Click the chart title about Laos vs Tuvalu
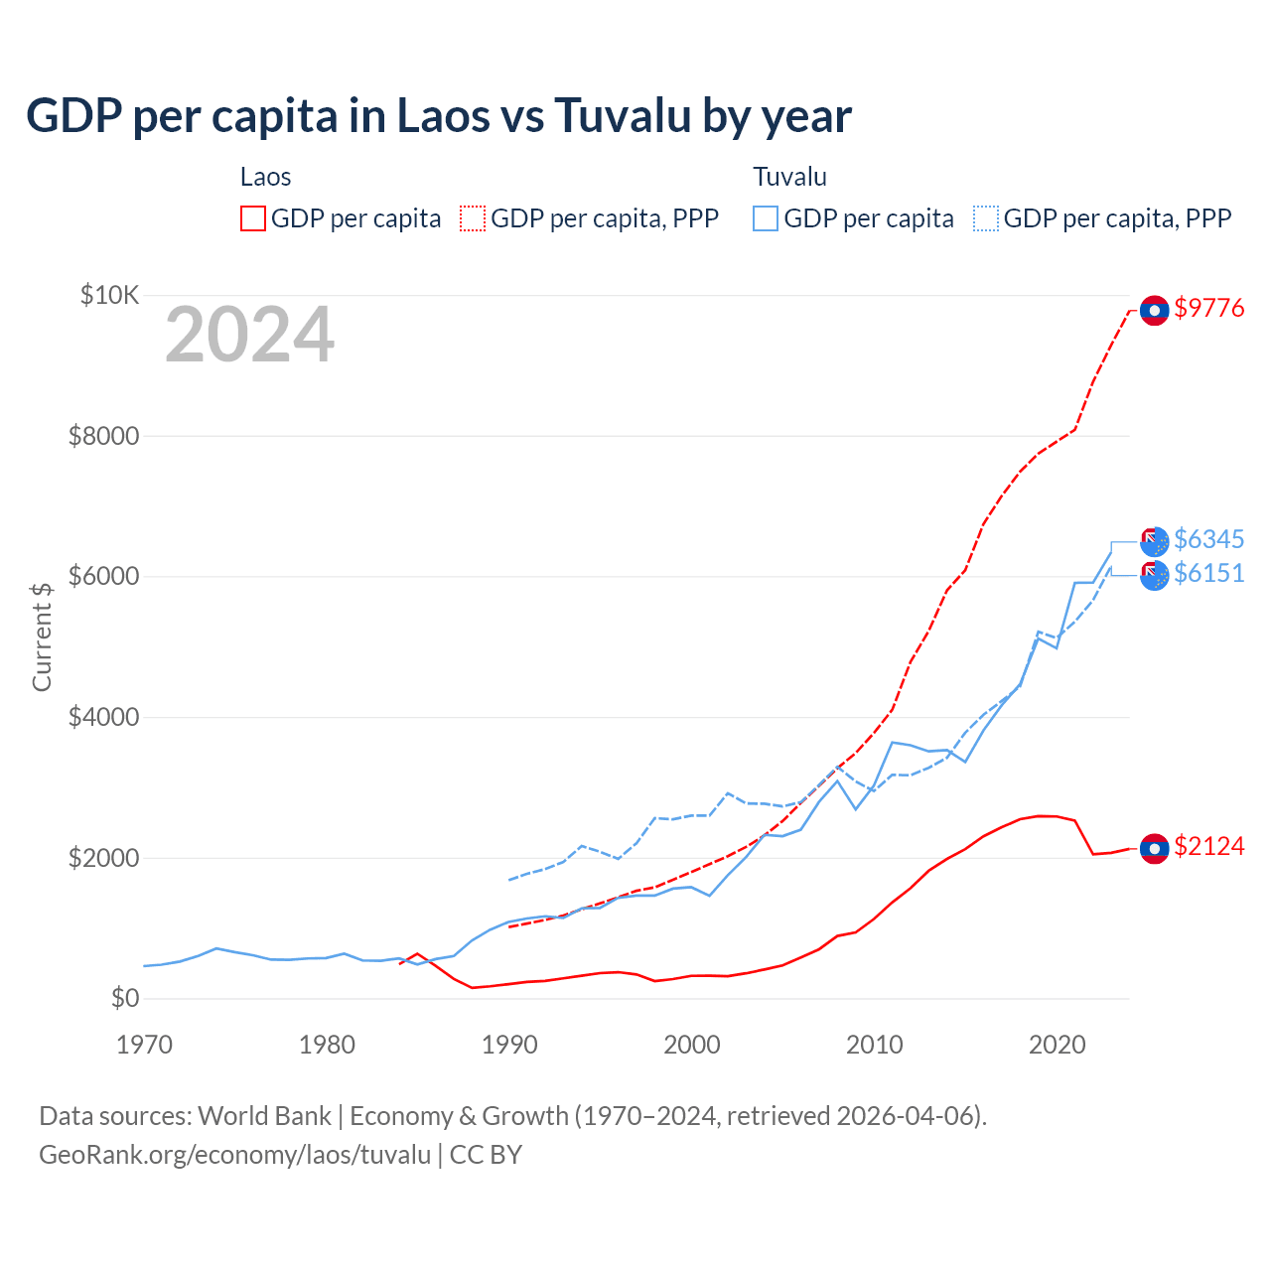438,116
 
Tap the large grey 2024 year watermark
250,336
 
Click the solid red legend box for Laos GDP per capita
253,218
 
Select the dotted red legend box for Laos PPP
474,218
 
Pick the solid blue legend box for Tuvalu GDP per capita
766,218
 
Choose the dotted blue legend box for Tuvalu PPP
986,218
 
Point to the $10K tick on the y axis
110,295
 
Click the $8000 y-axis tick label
103,436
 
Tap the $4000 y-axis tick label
103,717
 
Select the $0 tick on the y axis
125,998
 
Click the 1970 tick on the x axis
145,1045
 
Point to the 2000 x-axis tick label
692,1045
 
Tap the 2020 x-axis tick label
1057,1045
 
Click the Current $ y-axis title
42,636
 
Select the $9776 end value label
1208,308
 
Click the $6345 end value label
1208,539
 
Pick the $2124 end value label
1208,846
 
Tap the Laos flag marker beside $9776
1154,311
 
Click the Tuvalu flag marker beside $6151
1154,576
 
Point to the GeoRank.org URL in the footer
234,1155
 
